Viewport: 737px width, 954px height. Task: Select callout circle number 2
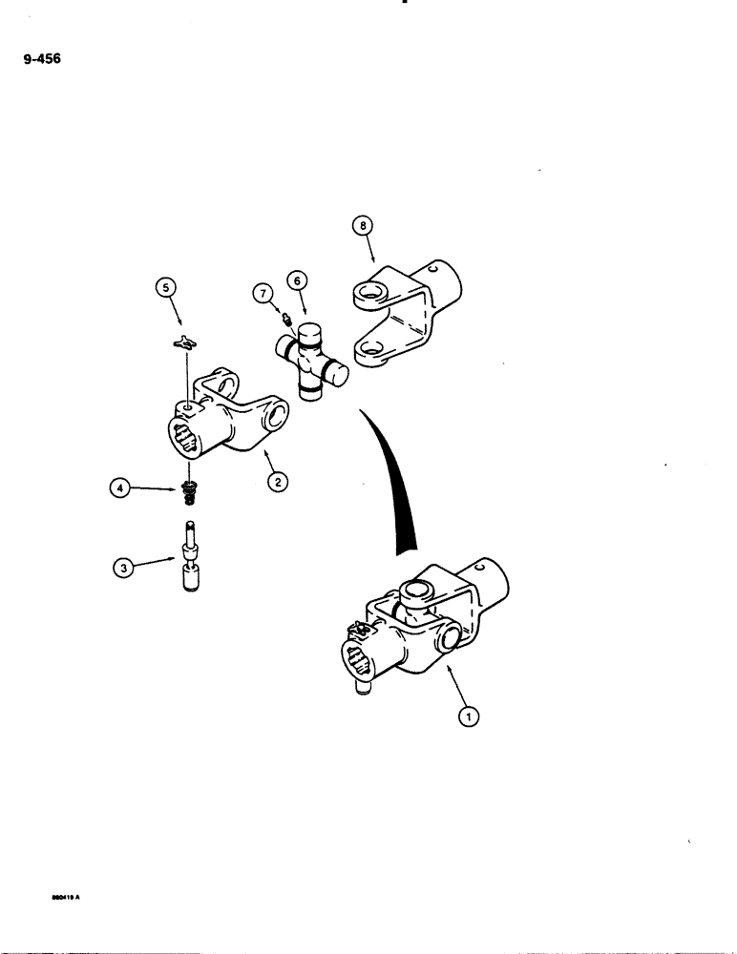[276, 483]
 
